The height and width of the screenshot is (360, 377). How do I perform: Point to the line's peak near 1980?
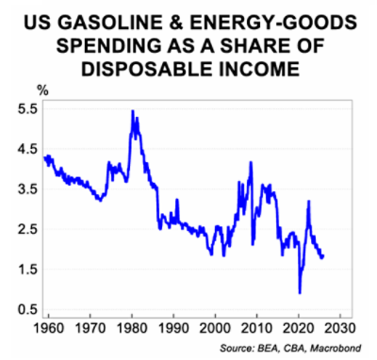(131, 111)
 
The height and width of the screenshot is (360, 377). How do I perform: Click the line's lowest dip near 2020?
(300, 293)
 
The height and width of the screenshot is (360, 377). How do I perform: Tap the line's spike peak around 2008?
(251, 163)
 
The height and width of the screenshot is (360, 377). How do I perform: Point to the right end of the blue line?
(323, 256)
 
